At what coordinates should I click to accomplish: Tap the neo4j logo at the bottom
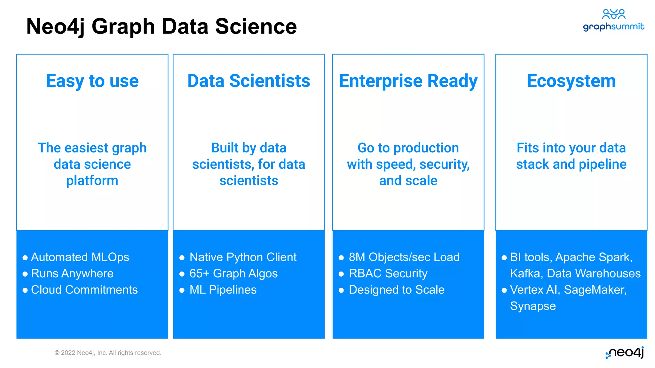tap(625, 352)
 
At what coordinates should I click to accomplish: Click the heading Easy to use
tap(92, 81)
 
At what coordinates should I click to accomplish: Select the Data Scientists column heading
tap(249, 81)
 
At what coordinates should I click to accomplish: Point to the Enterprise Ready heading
tap(408, 81)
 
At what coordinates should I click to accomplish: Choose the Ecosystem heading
tap(571, 81)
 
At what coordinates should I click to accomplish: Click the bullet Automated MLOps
tap(80, 257)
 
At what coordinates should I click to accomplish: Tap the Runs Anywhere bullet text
tap(72, 273)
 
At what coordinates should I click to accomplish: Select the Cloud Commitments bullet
tap(84, 290)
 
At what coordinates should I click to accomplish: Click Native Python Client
tap(243, 257)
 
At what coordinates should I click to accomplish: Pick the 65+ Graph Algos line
tap(233, 273)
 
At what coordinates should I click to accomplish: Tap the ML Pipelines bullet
tap(223, 290)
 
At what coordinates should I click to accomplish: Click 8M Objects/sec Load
tap(404, 257)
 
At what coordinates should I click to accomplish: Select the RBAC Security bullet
tap(388, 273)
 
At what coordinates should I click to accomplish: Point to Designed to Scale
tap(396, 290)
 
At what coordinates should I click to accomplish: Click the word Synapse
tap(533, 306)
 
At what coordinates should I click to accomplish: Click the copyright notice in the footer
tap(108, 353)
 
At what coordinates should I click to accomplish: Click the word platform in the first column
tap(92, 181)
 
